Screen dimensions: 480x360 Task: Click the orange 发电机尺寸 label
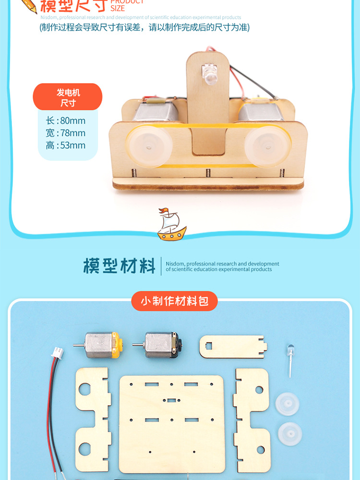tap(68, 96)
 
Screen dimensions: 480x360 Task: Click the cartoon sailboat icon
tap(171, 224)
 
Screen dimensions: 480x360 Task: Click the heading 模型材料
tap(120, 265)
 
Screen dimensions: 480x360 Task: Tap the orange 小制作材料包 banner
tap(174, 301)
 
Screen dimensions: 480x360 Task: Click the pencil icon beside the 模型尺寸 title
tap(28, 6)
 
